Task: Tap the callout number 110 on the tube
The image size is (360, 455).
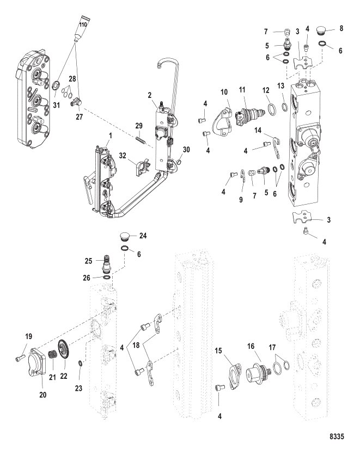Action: (84, 24)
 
